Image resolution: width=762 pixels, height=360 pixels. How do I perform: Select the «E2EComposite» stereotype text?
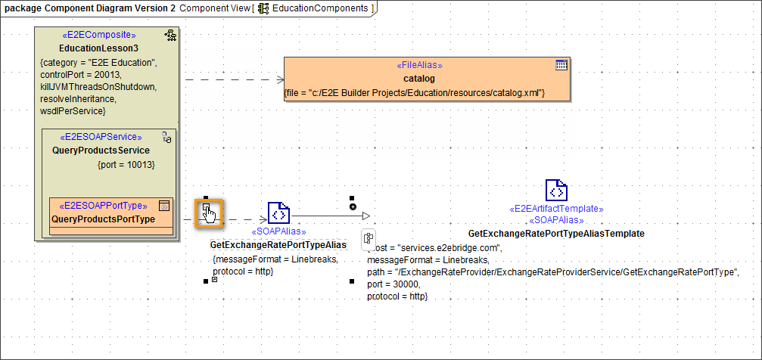click(99, 35)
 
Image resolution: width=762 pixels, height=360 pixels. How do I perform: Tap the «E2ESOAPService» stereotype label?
click(101, 137)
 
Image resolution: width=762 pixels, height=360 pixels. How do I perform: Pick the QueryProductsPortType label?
click(103, 219)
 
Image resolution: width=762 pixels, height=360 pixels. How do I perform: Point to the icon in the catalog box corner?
click(561, 65)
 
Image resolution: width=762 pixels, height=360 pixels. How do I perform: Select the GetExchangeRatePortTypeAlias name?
click(278, 245)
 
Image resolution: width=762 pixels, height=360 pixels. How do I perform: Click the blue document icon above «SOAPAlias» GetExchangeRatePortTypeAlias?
click(278, 213)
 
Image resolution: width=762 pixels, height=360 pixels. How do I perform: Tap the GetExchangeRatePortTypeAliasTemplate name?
click(556, 234)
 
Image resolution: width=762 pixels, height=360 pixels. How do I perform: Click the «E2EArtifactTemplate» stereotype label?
click(556, 208)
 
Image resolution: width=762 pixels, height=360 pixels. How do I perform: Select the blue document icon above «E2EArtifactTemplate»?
click(556, 191)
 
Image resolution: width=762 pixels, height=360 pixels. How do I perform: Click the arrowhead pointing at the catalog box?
click(279, 79)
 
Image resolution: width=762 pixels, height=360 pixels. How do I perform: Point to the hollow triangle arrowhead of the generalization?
click(365, 216)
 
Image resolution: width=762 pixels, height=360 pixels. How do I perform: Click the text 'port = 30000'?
click(393, 284)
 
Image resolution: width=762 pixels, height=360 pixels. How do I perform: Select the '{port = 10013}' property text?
click(126, 164)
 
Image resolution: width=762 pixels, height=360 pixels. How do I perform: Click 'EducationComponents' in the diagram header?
click(320, 8)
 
